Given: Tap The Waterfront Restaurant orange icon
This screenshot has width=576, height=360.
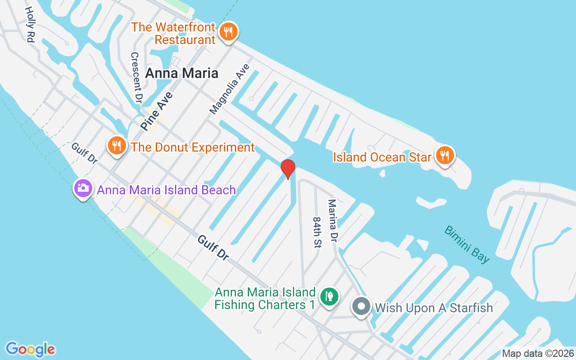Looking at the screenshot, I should click(x=229, y=32).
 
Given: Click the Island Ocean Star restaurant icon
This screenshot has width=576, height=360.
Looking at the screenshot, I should click(x=445, y=156).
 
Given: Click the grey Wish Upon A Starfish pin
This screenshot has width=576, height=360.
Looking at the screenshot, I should click(x=361, y=307).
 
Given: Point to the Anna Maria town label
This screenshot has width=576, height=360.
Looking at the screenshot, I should click(x=181, y=73).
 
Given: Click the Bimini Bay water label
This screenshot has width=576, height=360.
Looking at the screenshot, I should click(x=467, y=244).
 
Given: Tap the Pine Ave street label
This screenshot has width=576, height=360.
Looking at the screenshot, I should click(x=156, y=111).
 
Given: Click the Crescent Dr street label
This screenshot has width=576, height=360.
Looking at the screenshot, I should click(x=136, y=77).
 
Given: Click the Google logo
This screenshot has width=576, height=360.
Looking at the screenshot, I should click(x=31, y=349).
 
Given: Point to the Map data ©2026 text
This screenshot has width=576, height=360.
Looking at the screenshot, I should click(x=538, y=354).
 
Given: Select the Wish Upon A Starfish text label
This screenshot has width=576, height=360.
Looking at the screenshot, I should click(x=434, y=308).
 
